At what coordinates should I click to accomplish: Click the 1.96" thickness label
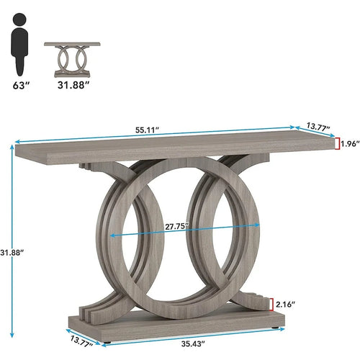coord(348,144)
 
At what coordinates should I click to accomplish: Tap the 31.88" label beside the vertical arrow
coord(13,253)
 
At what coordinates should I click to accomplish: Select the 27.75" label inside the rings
coord(176,225)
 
